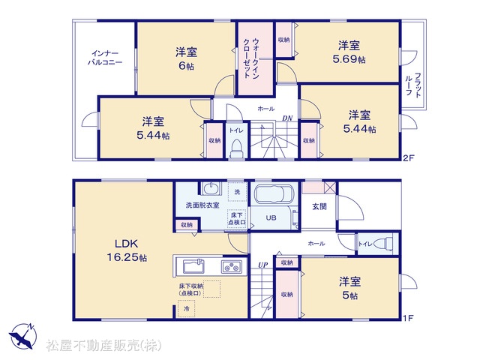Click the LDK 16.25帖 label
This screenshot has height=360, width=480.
click(x=127, y=250)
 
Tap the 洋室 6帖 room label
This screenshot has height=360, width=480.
click(x=186, y=58)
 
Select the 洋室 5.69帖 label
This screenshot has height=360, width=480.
click(x=349, y=52)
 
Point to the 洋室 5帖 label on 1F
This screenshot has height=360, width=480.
click(x=349, y=288)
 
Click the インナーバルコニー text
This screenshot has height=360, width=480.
click(x=105, y=58)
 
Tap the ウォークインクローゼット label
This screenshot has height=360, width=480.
click(x=252, y=58)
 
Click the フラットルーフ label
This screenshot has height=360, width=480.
click(x=413, y=85)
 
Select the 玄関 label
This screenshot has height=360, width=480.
click(x=319, y=207)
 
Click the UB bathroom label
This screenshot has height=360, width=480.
click(x=271, y=218)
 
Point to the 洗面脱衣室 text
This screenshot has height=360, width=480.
click(x=202, y=205)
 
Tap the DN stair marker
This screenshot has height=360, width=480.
click(x=287, y=118)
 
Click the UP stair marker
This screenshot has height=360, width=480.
click(x=262, y=265)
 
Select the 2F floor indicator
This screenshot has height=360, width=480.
click(x=408, y=158)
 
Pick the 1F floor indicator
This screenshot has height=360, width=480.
click(x=408, y=318)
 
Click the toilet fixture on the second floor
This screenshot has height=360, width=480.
click(x=236, y=148)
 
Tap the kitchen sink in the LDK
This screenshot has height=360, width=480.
click(x=193, y=265)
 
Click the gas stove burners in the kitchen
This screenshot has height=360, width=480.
click(x=232, y=267)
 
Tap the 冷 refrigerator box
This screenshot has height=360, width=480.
click(x=186, y=308)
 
